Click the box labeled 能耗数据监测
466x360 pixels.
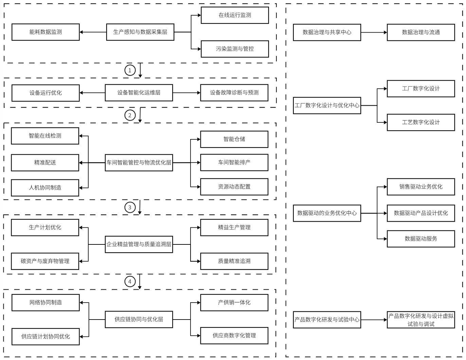(46, 32)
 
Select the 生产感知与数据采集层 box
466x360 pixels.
(140, 32)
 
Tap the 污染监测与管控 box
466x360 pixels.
(235, 49)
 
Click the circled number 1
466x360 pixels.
(130, 70)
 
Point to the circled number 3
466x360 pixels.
(130, 207)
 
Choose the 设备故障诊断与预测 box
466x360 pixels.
(234, 93)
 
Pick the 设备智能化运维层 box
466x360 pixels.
(139, 93)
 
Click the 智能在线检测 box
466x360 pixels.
(45, 136)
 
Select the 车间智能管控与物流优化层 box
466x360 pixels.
(139, 163)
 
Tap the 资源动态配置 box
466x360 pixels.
(234, 187)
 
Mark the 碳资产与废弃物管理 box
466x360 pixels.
(45, 261)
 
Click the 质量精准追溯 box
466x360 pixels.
(234, 261)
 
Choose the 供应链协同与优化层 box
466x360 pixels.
(139, 320)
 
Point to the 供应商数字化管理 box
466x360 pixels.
(234, 336)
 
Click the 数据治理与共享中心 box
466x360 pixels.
(327, 33)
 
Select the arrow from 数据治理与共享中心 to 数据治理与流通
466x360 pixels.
(374, 33)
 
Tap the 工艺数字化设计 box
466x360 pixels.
(420, 122)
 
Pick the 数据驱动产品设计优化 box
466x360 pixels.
(420, 213)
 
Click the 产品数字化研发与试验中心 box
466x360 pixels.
(327, 320)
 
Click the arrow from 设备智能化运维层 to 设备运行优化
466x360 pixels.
(92, 93)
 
